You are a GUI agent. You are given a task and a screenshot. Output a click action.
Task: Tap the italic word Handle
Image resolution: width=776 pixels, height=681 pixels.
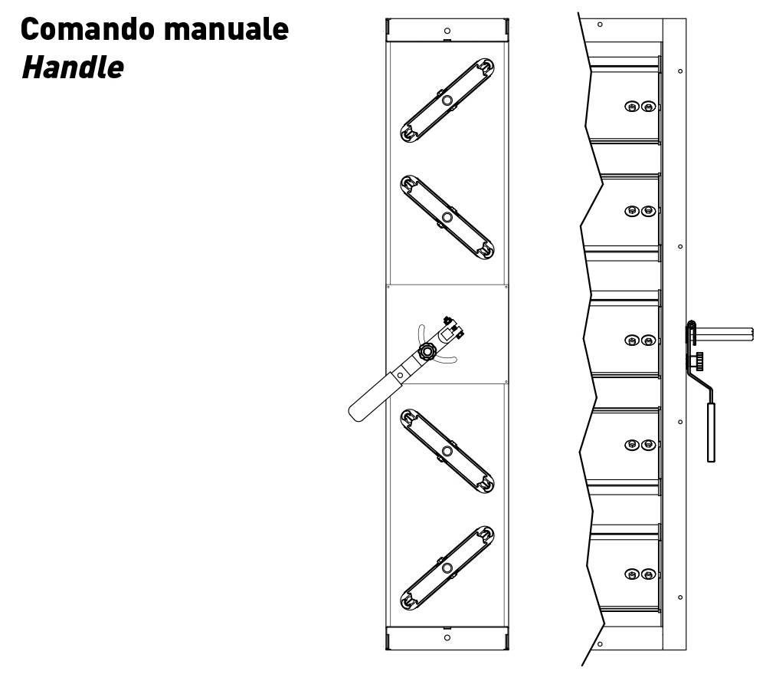pos(73,67)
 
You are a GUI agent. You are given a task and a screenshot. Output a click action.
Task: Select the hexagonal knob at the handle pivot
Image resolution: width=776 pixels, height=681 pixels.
pos(426,352)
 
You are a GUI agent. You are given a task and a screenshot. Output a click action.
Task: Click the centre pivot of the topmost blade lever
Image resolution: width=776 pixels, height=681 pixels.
pos(447,100)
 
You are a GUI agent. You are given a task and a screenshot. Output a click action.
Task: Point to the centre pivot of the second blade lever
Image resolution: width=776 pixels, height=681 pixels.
pos(447,217)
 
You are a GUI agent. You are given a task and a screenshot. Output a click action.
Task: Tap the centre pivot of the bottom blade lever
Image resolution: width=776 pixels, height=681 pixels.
pos(447,567)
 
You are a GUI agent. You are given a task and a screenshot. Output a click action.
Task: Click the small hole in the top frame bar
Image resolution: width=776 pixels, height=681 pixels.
pos(447,31)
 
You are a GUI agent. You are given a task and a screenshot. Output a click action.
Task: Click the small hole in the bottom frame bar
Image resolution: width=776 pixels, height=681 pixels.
pos(447,637)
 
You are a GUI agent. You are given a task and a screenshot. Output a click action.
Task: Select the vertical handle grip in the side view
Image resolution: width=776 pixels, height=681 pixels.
pos(711,433)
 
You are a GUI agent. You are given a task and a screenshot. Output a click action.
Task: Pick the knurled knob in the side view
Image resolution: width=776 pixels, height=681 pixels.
pos(699,361)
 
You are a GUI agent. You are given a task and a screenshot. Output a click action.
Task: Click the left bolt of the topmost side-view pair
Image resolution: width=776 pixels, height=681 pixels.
pos(631,107)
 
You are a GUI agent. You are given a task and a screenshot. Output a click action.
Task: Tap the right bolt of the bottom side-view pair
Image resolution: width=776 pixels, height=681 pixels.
pos(648,574)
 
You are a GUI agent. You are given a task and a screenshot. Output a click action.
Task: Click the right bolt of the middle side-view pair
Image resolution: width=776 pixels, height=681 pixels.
pos(648,340)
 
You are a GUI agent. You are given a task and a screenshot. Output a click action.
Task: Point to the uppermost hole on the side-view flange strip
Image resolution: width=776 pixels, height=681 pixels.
pos(680,71)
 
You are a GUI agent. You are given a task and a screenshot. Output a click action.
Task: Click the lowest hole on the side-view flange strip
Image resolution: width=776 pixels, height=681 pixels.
pos(680,597)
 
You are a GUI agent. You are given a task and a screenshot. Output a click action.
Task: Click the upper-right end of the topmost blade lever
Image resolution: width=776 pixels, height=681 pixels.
pos(485,66)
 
